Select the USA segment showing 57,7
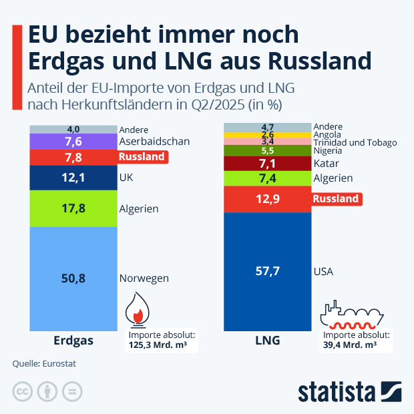[x=267, y=272]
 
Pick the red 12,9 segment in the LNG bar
[x=267, y=199]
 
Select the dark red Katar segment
[x=267, y=163]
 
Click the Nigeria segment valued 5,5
[x=267, y=151]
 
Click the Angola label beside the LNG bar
[x=327, y=134]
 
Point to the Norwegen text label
[x=144, y=278]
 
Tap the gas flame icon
[x=138, y=309]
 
